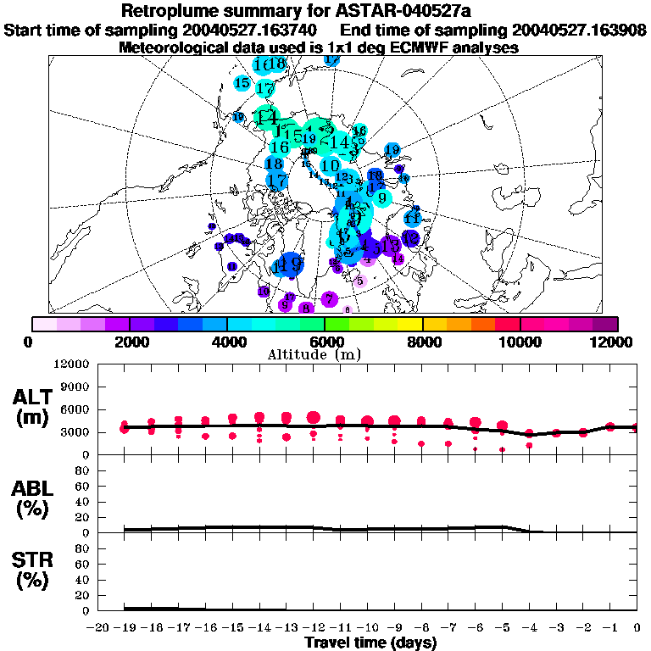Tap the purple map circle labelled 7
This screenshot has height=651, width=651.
(x=329, y=298)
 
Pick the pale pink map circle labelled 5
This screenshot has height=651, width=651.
(x=360, y=281)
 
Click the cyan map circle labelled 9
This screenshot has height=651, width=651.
(x=381, y=198)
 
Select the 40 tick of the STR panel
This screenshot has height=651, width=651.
(x=83, y=580)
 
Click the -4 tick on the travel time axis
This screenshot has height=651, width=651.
(x=529, y=627)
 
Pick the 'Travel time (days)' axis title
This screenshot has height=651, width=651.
(x=370, y=643)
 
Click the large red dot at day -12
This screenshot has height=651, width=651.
(x=314, y=417)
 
